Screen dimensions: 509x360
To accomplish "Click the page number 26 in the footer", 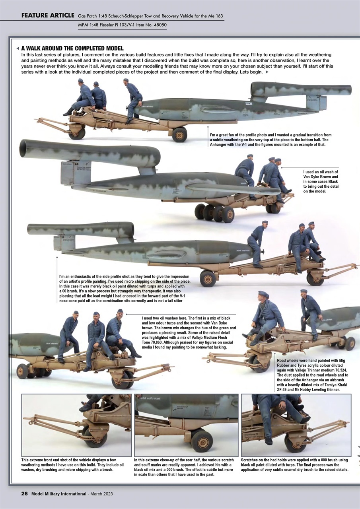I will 24,493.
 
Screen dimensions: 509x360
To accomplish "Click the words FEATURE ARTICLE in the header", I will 48,16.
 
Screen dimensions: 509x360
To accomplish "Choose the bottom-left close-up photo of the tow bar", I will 76,425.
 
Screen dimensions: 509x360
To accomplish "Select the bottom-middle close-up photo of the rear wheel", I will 186,425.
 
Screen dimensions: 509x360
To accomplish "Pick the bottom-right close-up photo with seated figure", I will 296,425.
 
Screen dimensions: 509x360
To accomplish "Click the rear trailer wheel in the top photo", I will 179,134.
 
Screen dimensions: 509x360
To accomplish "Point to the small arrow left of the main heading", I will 18,48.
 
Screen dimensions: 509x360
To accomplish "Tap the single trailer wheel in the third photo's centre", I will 208,278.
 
